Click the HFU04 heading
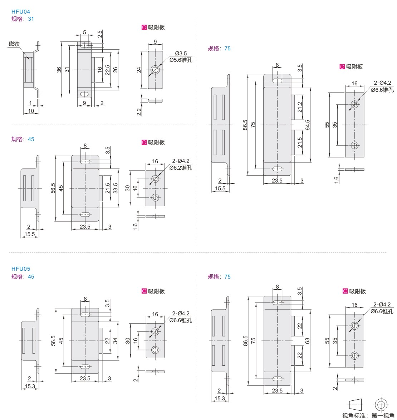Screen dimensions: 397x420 point(21,11)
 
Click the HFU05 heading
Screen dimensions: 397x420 point(21,269)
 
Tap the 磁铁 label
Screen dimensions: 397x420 point(14,44)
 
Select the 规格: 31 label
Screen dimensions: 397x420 point(23,19)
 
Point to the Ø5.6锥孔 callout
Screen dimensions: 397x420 point(181,60)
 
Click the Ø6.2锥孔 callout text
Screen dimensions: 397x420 point(181,168)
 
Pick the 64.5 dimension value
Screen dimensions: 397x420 point(308,125)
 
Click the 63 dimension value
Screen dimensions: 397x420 point(308,341)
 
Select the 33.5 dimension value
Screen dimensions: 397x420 point(115,188)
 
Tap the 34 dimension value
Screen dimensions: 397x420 point(115,341)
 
